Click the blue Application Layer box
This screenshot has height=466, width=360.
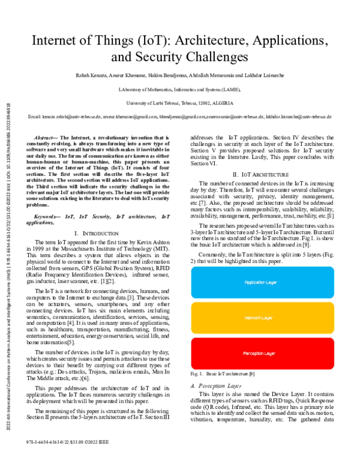coord(260,282)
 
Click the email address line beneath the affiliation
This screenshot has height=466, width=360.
coord(179,116)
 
